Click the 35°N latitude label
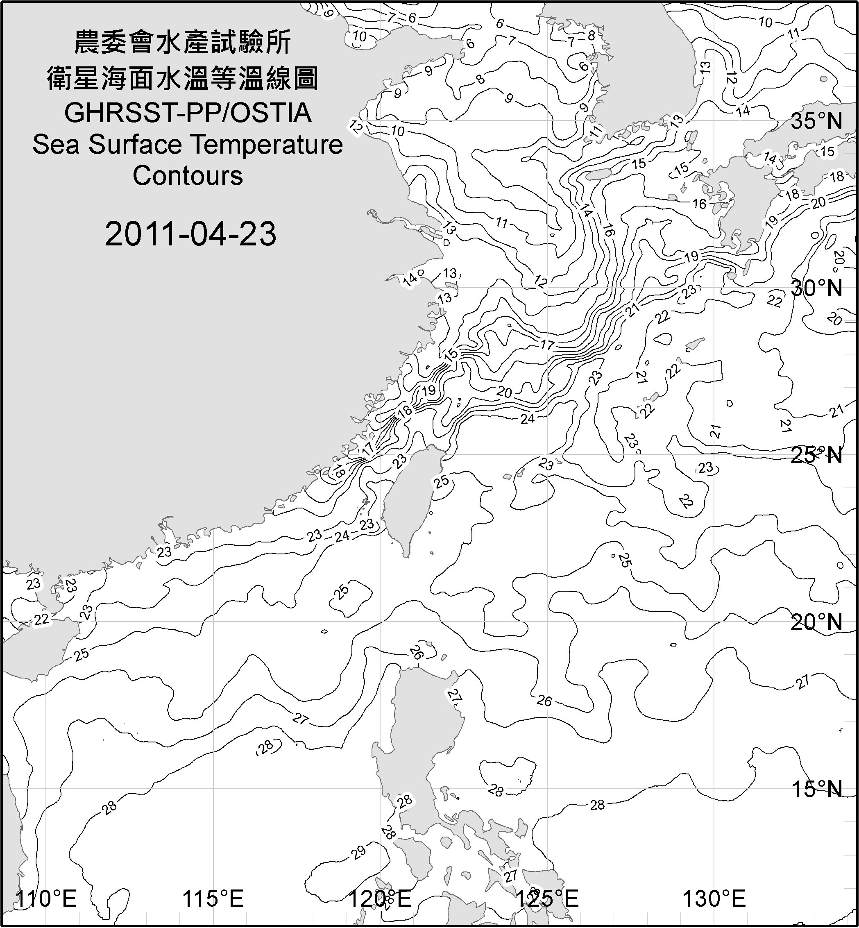816,121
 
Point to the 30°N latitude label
816,288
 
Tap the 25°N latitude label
816,455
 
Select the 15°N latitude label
816,789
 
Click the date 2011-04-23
190,234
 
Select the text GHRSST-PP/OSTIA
188,113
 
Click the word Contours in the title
188,176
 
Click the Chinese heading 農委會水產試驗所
183,42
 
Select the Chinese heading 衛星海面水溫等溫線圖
183,78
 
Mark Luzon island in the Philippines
421,735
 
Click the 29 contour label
358,853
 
